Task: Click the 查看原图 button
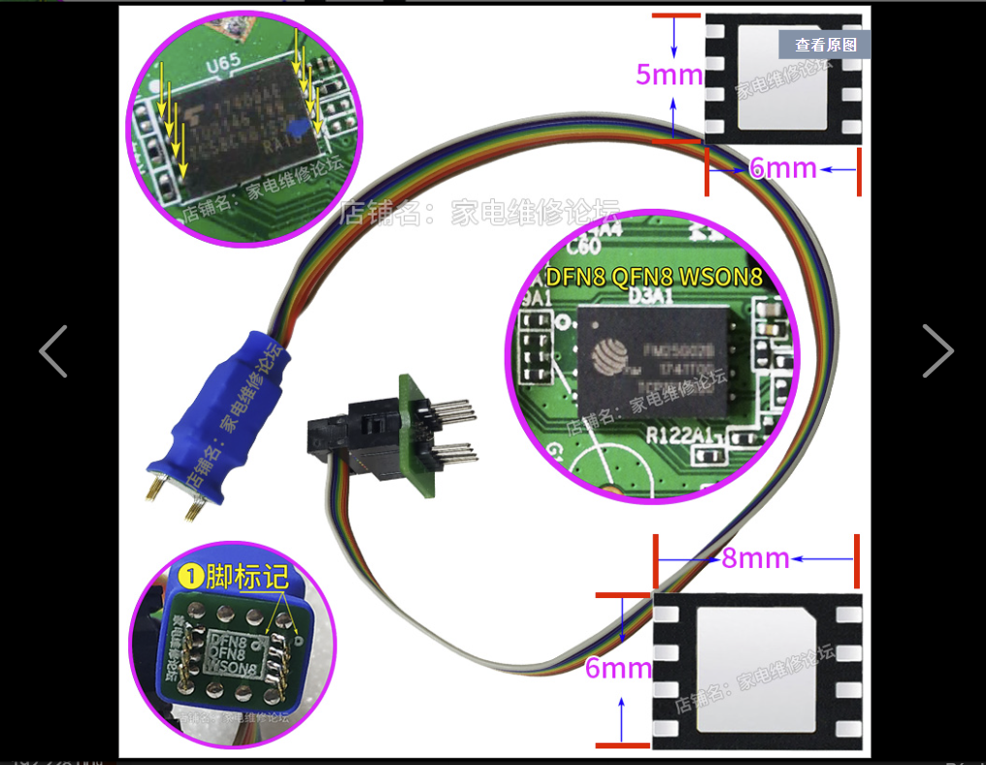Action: (825, 45)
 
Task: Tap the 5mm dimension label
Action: (669, 74)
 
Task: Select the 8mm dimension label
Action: (755, 558)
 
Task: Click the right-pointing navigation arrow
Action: (937, 350)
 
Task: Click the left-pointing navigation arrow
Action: (52, 350)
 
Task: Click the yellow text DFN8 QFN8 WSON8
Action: (653, 277)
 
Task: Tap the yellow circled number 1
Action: (192, 577)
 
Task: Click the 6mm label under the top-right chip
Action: (782, 168)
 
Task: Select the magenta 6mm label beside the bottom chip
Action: (618, 668)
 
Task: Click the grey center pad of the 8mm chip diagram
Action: (757, 670)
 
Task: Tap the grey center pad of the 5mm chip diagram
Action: (782, 77)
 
